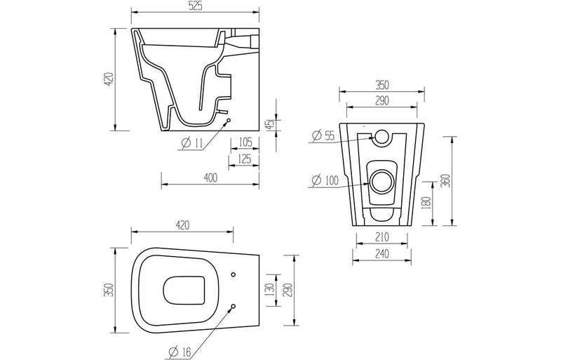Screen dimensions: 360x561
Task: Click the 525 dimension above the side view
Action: (196, 7)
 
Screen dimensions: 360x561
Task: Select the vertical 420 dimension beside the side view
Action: (108, 80)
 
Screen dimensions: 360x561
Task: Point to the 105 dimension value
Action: (245, 143)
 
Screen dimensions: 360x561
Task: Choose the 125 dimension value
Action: (245, 160)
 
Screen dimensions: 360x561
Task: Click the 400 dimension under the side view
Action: (211, 178)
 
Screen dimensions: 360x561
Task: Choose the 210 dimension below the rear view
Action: (381, 236)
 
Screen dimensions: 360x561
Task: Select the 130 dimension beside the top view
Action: (271, 290)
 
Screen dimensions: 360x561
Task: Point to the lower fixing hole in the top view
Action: (234, 306)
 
